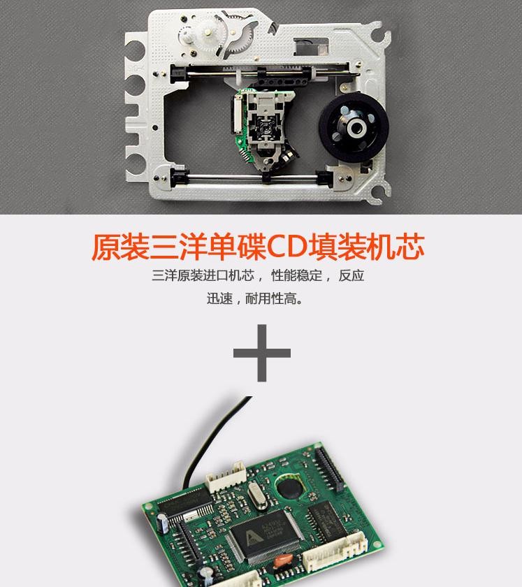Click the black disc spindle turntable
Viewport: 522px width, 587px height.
[x=354, y=128]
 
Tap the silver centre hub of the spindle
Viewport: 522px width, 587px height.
[x=356, y=128]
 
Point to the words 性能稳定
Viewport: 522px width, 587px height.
[x=296, y=275]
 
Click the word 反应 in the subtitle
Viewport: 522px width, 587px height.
[x=351, y=275]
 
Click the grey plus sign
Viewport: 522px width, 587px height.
[x=262, y=353]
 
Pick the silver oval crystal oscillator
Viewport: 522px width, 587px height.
[x=258, y=495]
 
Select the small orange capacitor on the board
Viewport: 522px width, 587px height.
[x=282, y=560]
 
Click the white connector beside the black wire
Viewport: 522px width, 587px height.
[x=226, y=476]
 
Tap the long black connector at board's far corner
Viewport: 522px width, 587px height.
[x=329, y=469]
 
